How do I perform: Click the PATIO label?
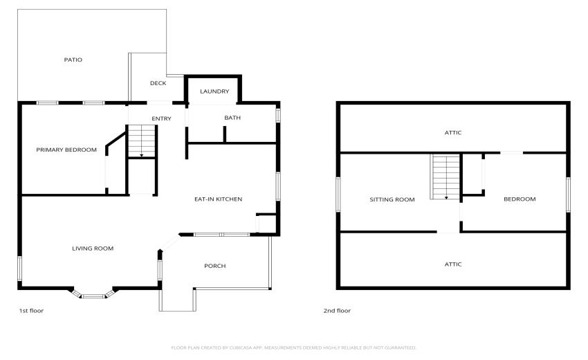point(73,60)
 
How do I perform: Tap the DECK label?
point(158,83)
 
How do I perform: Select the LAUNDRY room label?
point(214,91)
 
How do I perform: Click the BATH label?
point(232,118)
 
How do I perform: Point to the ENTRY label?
point(161,118)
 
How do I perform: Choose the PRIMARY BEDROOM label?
point(66,150)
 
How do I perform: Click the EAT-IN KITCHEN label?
point(218,199)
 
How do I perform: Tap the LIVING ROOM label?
point(93,248)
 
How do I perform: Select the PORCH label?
point(214,266)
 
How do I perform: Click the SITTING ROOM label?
point(392,199)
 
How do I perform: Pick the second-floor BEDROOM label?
point(519,199)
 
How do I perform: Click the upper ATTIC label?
point(453,132)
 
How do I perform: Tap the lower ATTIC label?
point(453,264)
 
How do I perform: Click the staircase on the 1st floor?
point(141,142)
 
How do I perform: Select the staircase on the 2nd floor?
point(445,177)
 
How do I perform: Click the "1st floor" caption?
point(31,311)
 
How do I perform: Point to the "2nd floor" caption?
point(337,311)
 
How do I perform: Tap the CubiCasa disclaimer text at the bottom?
point(293,348)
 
